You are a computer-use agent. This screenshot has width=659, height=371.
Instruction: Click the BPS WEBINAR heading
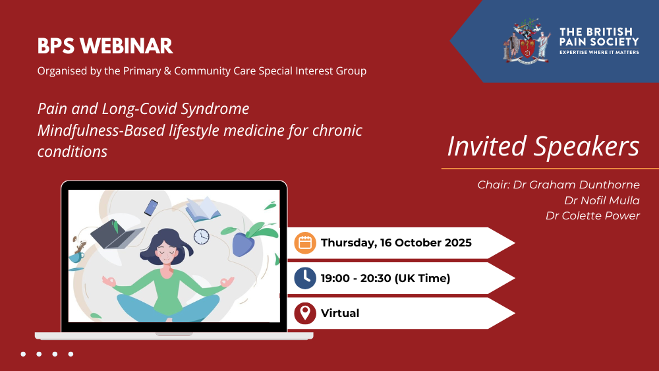105,46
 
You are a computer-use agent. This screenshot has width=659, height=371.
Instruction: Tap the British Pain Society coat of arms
527,41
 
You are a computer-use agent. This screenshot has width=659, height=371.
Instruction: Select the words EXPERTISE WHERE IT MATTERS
599,52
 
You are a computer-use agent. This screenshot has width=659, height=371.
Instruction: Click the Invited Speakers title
543,146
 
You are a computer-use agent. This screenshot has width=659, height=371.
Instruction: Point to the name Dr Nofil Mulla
602,200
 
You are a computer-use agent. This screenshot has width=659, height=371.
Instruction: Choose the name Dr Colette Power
592,215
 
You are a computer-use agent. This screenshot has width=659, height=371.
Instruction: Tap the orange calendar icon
305,243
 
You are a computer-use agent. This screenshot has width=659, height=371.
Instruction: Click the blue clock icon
305,278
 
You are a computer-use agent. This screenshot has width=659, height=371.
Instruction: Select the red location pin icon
305,313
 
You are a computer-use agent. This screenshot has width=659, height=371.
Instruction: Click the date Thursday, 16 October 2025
396,243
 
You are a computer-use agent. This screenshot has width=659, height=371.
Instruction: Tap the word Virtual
340,313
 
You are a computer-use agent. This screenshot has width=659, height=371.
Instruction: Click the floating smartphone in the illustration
151,208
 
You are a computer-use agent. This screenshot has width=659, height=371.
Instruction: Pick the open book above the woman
203,210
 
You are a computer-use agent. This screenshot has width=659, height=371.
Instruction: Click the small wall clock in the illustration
201,237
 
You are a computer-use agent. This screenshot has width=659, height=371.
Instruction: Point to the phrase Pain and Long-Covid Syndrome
143,109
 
